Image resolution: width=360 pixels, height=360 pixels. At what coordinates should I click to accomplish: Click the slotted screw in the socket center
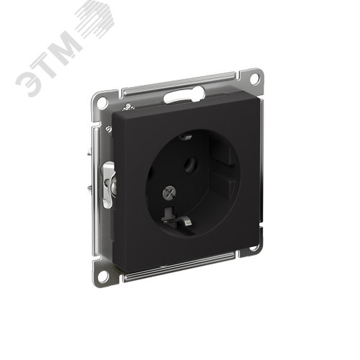point(169,192)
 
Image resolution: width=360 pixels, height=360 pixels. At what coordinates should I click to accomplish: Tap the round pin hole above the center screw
point(191,164)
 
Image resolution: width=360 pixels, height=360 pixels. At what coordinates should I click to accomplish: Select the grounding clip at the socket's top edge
point(186,137)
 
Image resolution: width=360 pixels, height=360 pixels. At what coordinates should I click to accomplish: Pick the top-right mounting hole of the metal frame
point(254,78)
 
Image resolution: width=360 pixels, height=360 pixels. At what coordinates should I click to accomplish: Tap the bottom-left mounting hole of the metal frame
point(102,276)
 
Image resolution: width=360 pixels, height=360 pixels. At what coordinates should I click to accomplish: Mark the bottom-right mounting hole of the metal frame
point(253,247)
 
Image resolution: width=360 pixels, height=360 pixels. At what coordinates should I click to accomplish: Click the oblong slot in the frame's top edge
point(184,95)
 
